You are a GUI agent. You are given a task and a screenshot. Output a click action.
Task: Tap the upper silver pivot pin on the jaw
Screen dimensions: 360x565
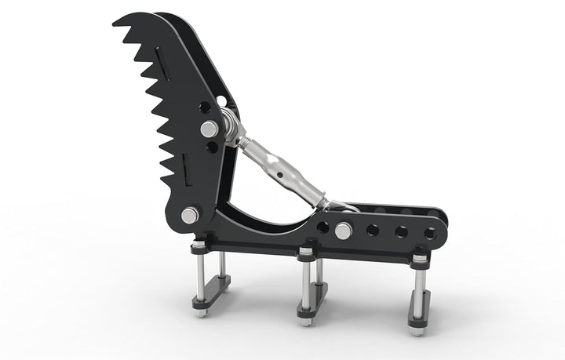point(209,129)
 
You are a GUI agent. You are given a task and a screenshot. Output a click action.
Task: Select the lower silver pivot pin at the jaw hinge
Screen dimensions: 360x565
point(190,215)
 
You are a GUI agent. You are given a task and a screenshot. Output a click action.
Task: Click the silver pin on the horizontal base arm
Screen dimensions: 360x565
point(343,231)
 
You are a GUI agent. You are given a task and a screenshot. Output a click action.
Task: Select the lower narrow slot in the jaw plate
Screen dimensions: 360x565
point(184,165)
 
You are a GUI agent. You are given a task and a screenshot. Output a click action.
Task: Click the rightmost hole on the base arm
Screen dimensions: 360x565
point(430,233)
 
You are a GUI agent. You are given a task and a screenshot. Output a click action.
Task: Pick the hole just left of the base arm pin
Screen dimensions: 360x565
point(323,227)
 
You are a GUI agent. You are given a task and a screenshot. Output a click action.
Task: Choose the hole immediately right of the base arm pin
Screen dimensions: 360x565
point(373,231)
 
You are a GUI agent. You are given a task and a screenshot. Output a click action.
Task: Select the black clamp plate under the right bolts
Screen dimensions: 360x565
point(419,307)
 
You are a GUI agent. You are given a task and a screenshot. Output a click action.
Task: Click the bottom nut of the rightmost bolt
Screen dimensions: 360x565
point(417,330)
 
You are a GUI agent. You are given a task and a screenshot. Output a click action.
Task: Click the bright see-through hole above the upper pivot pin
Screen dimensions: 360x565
point(222,101)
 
